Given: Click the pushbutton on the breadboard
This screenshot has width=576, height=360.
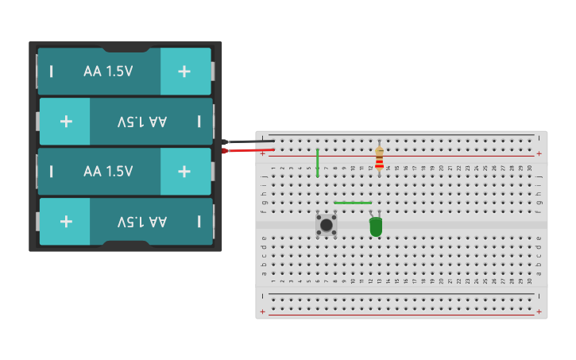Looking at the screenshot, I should pyautogui.click(x=326, y=224).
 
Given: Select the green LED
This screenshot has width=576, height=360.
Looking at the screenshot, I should pyautogui.click(x=376, y=227).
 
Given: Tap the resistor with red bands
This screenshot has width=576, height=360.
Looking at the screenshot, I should pyautogui.click(x=379, y=159).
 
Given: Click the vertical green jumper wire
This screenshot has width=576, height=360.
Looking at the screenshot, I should pyautogui.click(x=317, y=162).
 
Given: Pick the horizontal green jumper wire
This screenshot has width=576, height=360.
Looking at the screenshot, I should pyautogui.click(x=353, y=203).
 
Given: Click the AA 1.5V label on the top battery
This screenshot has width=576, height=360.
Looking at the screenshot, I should pyautogui.click(x=108, y=71).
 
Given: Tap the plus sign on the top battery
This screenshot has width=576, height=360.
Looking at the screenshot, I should pyautogui.click(x=184, y=71).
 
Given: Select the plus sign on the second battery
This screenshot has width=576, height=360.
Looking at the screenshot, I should pyautogui.click(x=66, y=121).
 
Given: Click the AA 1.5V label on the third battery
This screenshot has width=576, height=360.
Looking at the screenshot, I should pyautogui.click(x=108, y=171).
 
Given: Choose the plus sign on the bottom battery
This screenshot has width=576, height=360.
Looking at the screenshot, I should pyautogui.click(x=66, y=221).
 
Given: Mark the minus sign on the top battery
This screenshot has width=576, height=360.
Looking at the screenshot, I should pyautogui.click(x=52, y=71).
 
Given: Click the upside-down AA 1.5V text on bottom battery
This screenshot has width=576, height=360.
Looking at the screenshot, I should pyautogui.click(x=142, y=221).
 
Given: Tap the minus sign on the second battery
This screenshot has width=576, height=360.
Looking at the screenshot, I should pyautogui.click(x=199, y=121).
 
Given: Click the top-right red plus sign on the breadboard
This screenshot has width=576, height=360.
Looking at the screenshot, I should pyautogui.click(x=539, y=153).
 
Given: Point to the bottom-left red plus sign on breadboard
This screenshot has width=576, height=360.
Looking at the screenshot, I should pyautogui.click(x=263, y=312).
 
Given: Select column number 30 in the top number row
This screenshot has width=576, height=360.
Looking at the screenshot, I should pyautogui.click(x=530, y=168).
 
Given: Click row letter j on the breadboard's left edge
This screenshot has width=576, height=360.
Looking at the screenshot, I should pyautogui.click(x=264, y=175).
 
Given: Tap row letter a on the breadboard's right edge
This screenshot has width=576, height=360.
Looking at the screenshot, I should pyautogui.click(x=539, y=273).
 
